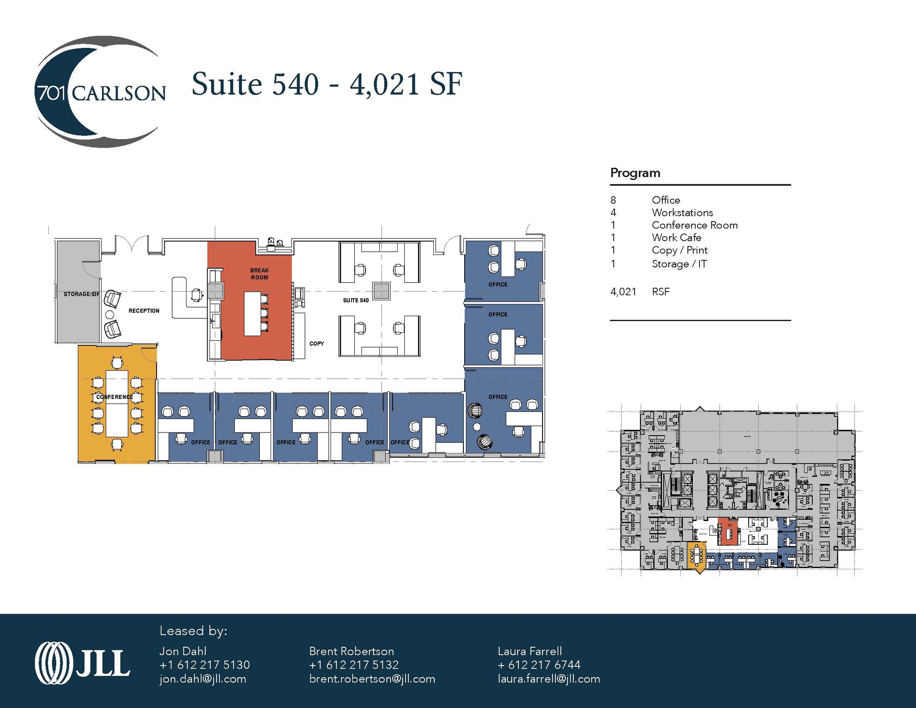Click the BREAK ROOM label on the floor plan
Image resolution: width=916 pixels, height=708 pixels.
[x=259, y=274]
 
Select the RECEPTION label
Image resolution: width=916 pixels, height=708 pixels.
[x=144, y=311]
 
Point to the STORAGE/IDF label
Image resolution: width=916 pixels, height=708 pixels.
[x=81, y=294]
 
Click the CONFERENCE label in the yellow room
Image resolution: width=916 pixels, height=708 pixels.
[x=114, y=397]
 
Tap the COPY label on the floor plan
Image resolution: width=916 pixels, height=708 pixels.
[x=317, y=343]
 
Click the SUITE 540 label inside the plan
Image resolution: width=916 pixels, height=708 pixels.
[x=356, y=301]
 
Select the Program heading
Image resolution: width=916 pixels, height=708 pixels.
[x=635, y=173]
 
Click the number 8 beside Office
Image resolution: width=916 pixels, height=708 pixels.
[x=613, y=200]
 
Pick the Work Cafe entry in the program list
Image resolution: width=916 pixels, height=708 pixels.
[x=676, y=238]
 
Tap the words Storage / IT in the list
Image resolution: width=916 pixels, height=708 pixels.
[x=679, y=264]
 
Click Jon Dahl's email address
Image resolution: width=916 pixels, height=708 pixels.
[x=203, y=679]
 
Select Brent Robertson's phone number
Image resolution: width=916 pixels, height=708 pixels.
[x=354, y=665]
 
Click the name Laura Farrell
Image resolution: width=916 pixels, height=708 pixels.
[x=530, y=651]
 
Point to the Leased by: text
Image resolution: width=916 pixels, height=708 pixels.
[x=193, y=631]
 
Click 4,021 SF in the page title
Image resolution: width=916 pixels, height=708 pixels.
[x=406, y=84]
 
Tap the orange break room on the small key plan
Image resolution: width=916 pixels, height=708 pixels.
[x=728, y=531]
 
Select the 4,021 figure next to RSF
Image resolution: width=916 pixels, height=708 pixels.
[x=623, y=292]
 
